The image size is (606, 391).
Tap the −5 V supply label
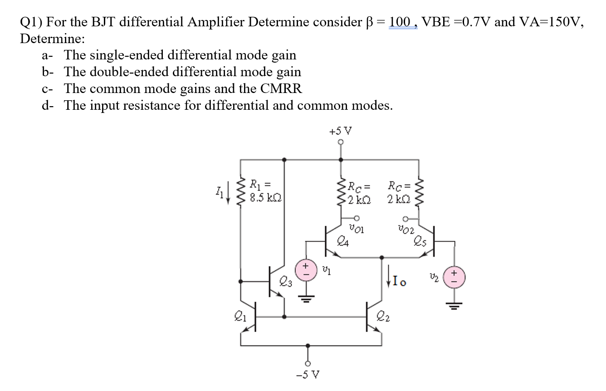308,375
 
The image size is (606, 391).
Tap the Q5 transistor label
420,241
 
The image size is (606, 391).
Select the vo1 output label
357,228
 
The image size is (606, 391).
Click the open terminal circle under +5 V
341,142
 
